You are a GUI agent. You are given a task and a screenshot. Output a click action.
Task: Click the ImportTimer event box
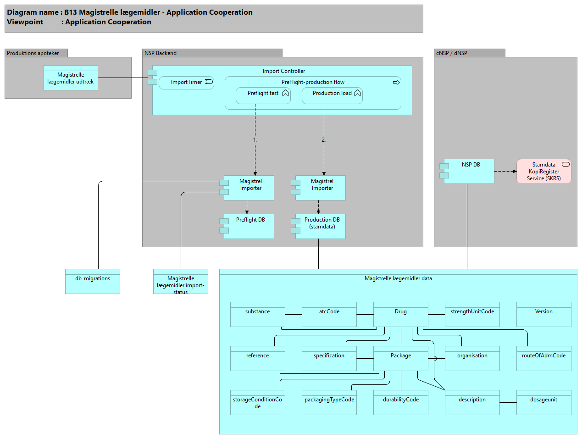point(186,83)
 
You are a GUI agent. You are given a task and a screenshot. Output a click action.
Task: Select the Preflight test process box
point(263,95)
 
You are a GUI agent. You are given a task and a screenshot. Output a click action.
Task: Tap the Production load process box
point(332,95)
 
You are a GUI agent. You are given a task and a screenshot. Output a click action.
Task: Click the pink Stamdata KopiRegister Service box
point(544,172)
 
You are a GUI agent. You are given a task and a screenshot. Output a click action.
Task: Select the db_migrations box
point(93,281)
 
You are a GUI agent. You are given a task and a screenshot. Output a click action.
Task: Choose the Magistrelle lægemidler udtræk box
point(71,78)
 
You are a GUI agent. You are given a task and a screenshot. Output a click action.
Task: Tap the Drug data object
point(401,314)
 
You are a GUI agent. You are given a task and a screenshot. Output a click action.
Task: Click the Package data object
point(401,358)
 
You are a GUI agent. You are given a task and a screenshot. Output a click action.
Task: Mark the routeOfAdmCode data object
point(544,358)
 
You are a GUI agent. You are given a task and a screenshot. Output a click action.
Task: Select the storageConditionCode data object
point(258,402)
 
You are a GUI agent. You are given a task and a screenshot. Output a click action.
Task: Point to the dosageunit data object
point(544,402)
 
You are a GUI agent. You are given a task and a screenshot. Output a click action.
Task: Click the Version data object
point(544,314)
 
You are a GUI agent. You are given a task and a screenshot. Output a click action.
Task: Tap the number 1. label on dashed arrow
point(255,140)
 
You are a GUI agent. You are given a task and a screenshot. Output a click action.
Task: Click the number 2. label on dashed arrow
point(323,140)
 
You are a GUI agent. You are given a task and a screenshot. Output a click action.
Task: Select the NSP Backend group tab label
point(161,53)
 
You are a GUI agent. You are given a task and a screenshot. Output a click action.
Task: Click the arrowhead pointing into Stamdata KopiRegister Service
point(515,172)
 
